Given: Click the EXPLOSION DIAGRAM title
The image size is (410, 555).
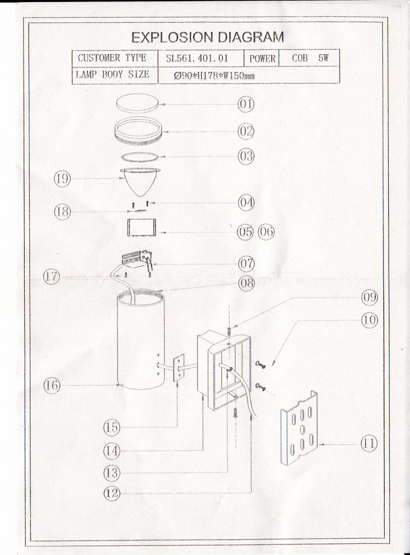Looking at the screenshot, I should [x=208, y=37].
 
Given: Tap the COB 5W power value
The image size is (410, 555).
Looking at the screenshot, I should [x=309, y=58].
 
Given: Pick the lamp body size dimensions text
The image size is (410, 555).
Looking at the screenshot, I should [x=214, y=76].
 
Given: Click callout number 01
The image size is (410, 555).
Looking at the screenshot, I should [x=246, y=104].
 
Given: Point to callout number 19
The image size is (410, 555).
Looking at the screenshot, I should [x=62, y=179].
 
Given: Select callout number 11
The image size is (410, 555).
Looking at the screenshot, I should [x=369, y=443].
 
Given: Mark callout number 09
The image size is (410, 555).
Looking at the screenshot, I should [x=369, y=298].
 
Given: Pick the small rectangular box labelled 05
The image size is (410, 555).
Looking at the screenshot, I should [x=141, y=227].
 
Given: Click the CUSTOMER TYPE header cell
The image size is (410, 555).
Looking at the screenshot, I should [x=112, y=58].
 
